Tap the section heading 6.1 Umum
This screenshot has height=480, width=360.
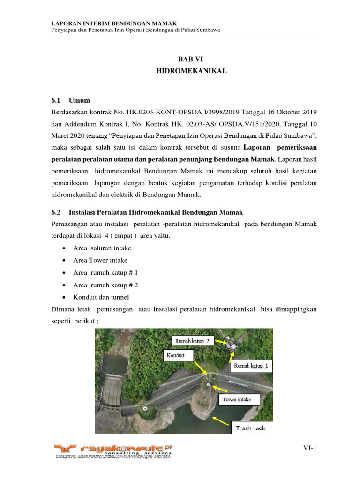click(x=70, y=100)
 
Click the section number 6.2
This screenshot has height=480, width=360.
click(x=56, y=212)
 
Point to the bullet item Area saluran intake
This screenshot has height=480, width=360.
click(x=102, y=248)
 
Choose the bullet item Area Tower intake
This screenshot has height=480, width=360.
click(x=100, y=260)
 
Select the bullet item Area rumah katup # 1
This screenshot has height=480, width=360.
click(x=105, y=272)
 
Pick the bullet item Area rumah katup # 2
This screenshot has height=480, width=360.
click(x=105, y=285)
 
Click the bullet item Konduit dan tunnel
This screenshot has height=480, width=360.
click(x=101, y=297)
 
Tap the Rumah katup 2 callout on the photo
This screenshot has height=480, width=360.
click(x=192, y=341)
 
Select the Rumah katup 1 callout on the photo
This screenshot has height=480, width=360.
click(x=251, y=365)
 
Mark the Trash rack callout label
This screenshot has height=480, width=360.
click(x=250, y=427)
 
